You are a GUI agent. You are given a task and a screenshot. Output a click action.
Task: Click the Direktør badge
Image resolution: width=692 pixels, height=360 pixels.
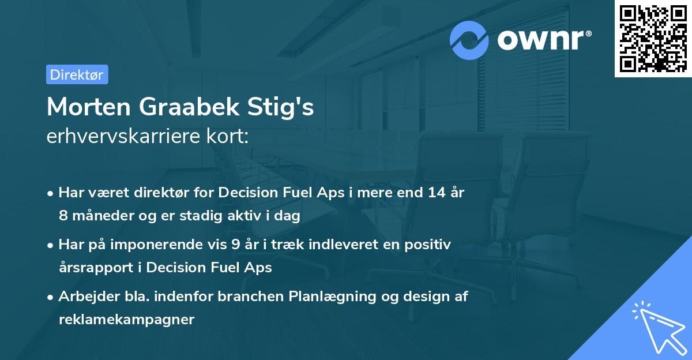pos(77,74)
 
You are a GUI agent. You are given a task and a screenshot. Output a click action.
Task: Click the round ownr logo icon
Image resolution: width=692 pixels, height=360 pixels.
pos(469,40)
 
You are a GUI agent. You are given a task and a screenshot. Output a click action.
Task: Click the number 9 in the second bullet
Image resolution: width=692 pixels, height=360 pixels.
pos(235,244)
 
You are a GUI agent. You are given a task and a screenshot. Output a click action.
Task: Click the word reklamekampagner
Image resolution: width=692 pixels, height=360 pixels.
pos(126,319)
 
